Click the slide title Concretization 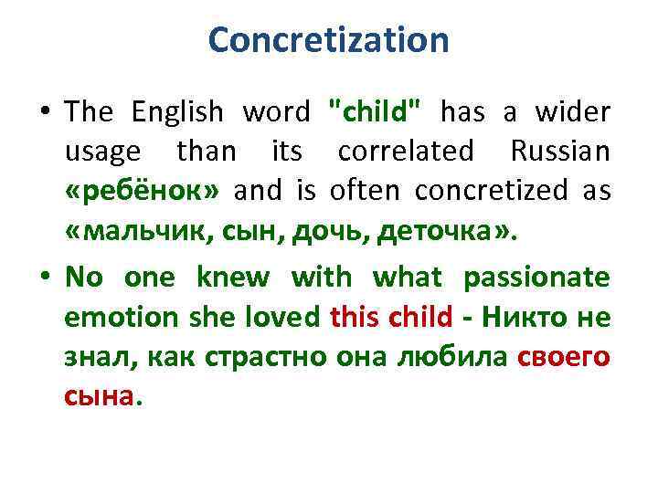tap(329, 40)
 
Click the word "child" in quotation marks tap(374, 111)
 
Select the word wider tap(569, 111)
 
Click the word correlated tap(406, 151)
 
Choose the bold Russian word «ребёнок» tap(144, 191)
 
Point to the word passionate tap(536, 276)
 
